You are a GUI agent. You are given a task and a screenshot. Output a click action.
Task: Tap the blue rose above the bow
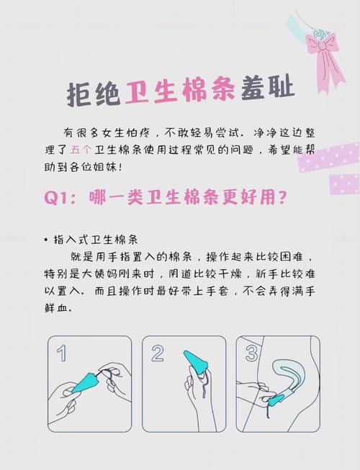pyautogui.click(x=319, y=33)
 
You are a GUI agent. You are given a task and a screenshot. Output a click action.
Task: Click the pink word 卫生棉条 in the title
pyautogui.click(x=180, y=90)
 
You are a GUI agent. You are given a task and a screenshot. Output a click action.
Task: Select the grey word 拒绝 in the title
pyautogui.click(x=93, y=93)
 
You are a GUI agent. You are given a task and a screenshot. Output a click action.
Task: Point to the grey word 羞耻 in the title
pyautogui.click(x=267, y=88)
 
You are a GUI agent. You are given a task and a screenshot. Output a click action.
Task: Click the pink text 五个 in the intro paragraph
pyautogui.click(x=81, y=150)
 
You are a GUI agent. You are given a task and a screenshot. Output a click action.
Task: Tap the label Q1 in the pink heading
pyautogui.click(x=56, y=198)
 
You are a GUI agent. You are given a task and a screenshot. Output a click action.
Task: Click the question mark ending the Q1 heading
pyautogui.click(x=282, y=198)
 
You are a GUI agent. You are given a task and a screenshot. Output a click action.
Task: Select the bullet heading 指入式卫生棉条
pyautogui.click(x=96, y=240)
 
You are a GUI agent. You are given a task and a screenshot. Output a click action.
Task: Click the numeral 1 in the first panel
pyautogui.click(x=61, y=353)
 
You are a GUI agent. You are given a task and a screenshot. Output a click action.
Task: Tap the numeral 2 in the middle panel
pyautogui.click(x=158, y=353)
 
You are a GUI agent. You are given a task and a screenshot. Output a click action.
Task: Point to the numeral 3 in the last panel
pyautogui.click(x=251, y=353)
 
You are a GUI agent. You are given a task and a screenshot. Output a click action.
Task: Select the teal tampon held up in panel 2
pyautogui.click(x=196, y=362)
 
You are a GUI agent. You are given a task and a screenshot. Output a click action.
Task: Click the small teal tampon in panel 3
pyautogui.click(x=276, y=400)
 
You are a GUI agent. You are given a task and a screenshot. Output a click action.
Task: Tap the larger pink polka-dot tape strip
pyautogui.click(x=329, y=158)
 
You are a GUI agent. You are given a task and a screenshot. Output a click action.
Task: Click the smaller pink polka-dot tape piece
pyautogui.click(x=345, y=184)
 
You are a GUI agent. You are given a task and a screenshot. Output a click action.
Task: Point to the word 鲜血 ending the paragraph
pyautogui.click(x=58, y=308)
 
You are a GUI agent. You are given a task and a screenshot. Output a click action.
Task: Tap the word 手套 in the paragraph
pyautogui.click(x=217, y=291)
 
